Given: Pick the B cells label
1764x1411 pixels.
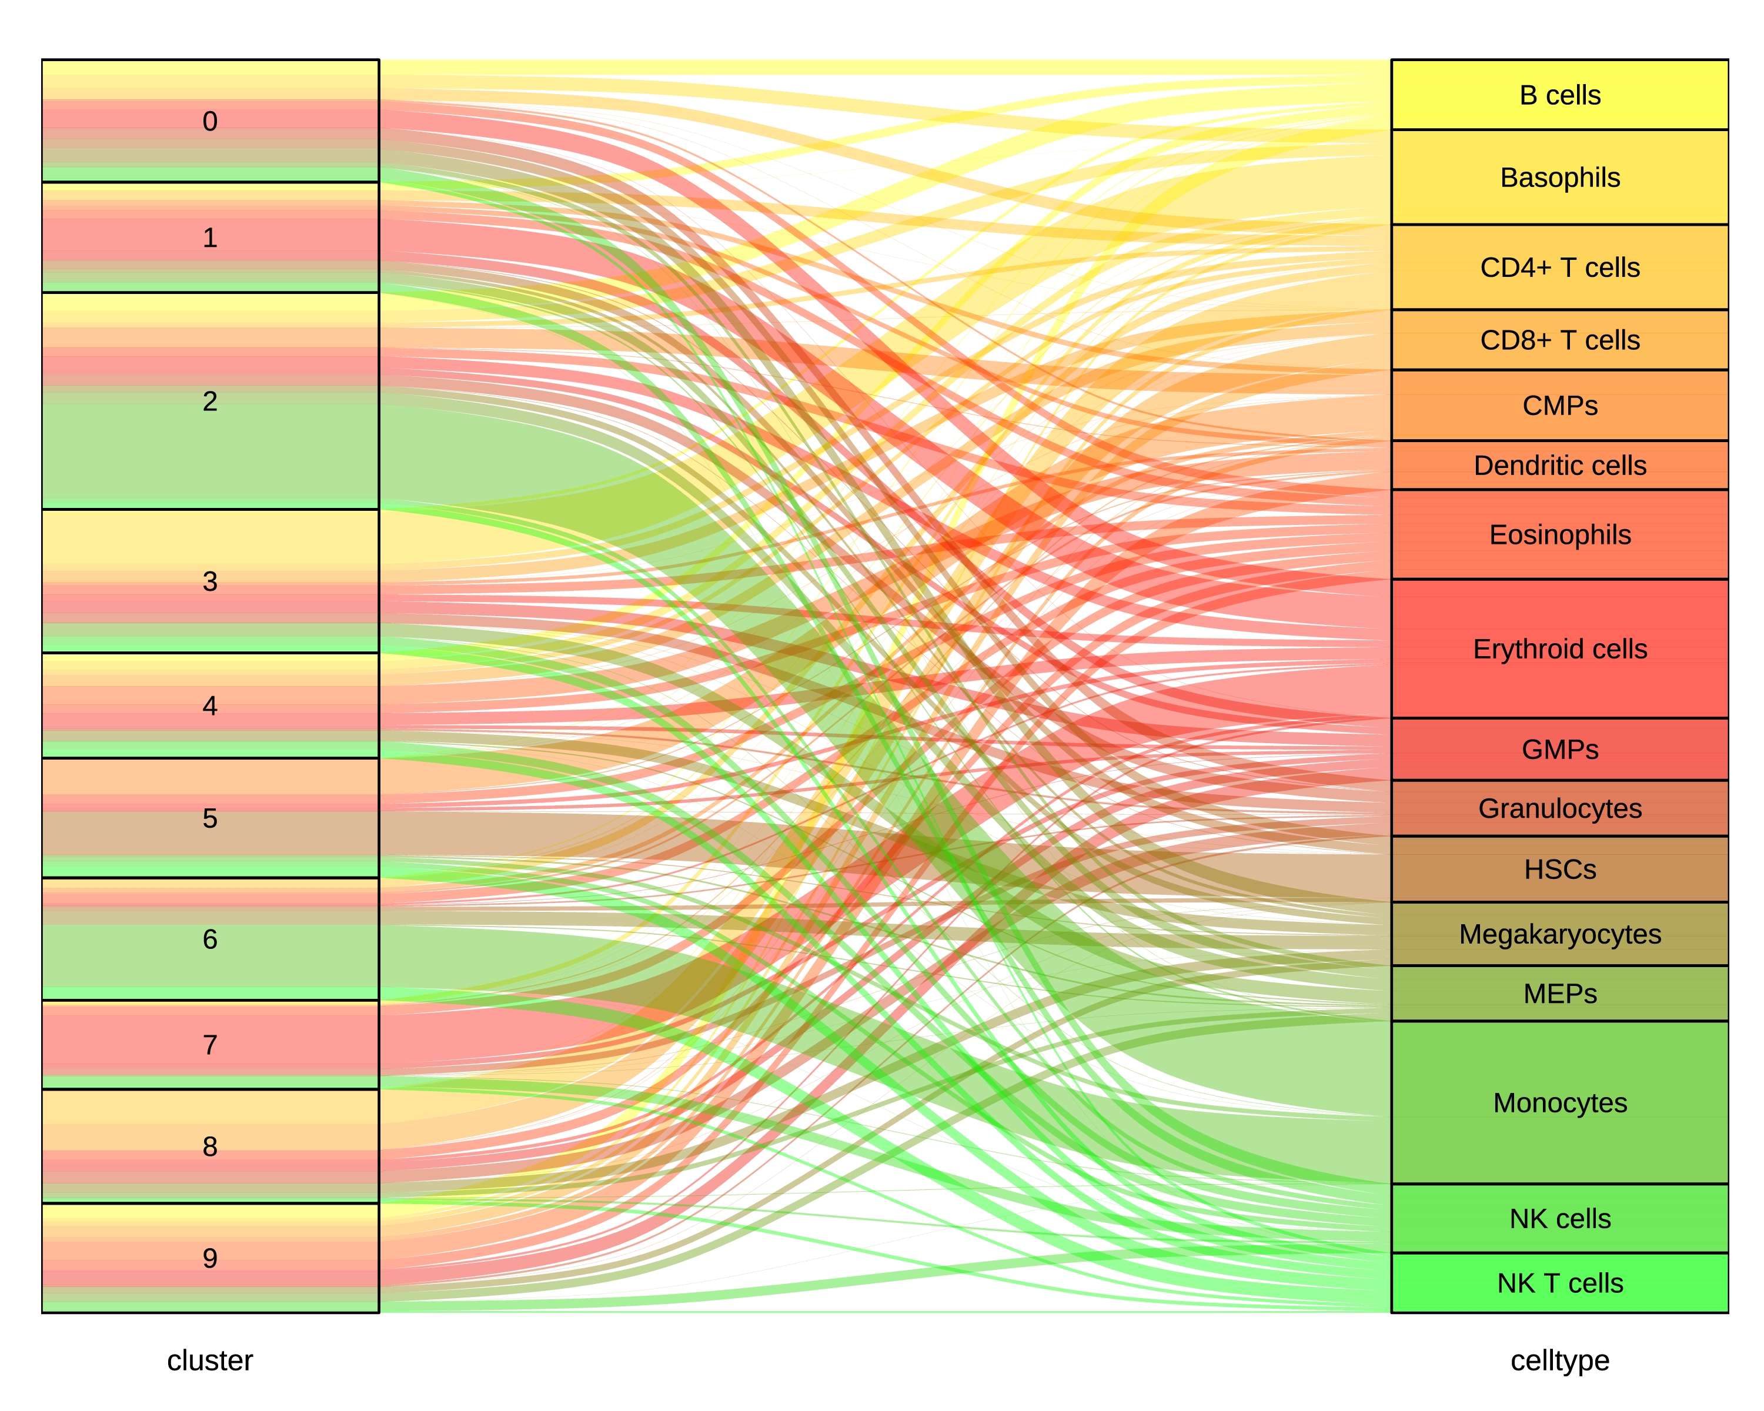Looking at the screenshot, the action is (x=1559, y=95).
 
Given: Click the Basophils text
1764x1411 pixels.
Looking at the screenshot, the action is (x=1559, y=178).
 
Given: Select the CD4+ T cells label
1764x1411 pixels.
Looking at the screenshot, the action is (x=1559, y=268).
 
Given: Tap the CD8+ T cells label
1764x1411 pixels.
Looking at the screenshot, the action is (x=1559, y=339).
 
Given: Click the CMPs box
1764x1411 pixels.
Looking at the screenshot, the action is (x=1559, y=405).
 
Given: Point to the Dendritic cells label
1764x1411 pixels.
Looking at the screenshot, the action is (x=1559, y=466).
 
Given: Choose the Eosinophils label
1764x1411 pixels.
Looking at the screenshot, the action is (x=1559, y=535).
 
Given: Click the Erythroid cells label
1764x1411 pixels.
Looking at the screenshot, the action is (x=1559, y=648).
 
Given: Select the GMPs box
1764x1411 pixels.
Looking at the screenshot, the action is (x=1559, y=749).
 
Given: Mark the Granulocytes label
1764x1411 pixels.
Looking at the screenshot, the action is (x=1559, y=808).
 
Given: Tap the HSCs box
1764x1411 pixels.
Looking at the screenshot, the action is (x=1559, y=869).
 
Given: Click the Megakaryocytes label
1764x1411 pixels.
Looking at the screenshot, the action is (x=1559, y=934).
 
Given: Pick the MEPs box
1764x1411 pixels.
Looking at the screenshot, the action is (x=1559, y=994).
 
